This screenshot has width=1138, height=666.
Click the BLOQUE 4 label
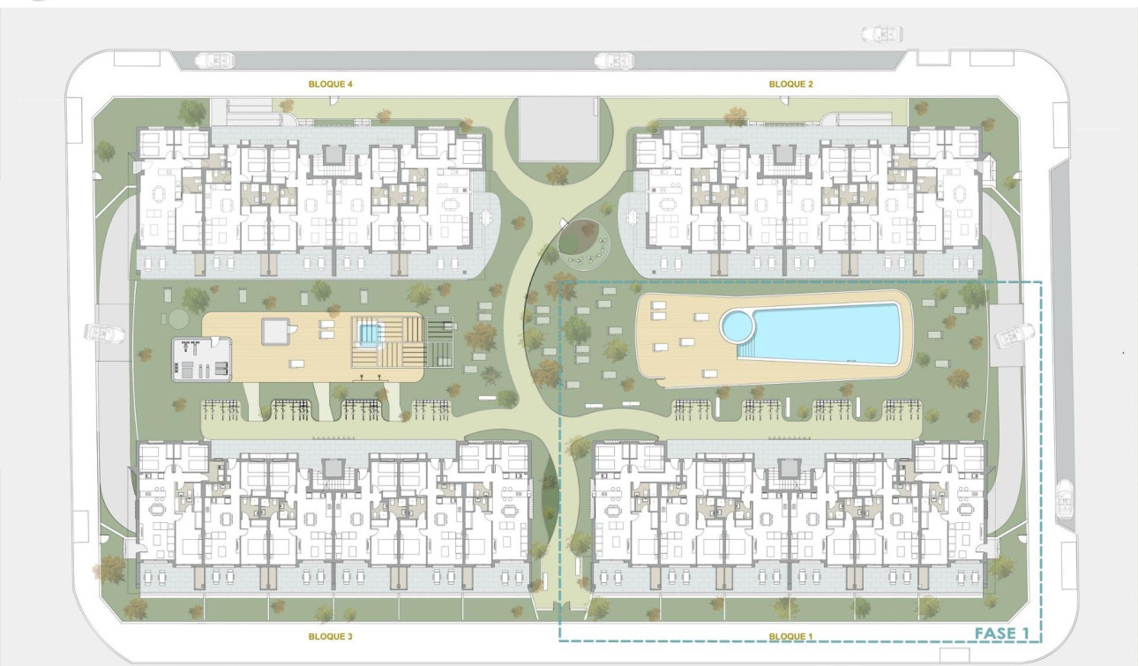(x=331, y=85)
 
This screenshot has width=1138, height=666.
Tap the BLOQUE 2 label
(x=790, y=85)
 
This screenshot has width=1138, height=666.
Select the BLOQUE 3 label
(x=331, y=636)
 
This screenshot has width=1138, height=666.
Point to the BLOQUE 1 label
(x=790, y=636)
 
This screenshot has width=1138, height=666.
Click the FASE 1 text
(x=1001, y=632)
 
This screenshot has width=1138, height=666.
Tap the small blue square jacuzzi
(x=368, y=334)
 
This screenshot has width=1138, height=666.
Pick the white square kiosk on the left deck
(x=275, y=331)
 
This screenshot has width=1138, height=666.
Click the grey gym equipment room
(x=202, y=358)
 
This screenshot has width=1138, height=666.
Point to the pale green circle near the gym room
(x=178, y=318)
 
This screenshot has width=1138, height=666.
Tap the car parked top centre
(x=613, y=61)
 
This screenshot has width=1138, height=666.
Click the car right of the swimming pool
(x=1014, y=335)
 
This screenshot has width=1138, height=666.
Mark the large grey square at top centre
(x=557, y=129)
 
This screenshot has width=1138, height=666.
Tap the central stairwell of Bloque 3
(x=333, y=468)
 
